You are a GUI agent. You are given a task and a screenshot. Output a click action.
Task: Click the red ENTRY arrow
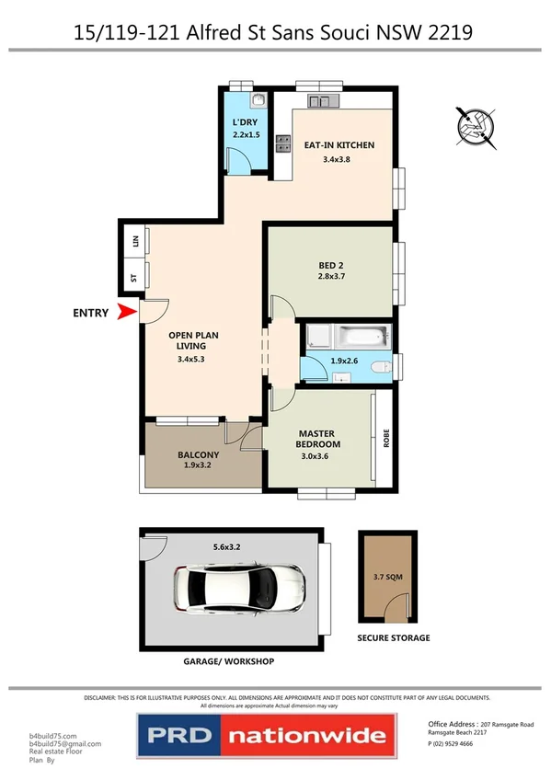pos(124,313)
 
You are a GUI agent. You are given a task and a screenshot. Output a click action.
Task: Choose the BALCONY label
pos(198,455)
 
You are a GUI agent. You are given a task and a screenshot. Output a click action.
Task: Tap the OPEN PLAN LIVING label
pos(191,340)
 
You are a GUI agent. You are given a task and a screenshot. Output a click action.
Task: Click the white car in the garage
pos(238,586)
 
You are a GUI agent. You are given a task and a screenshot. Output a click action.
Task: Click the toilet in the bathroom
pos(380,368)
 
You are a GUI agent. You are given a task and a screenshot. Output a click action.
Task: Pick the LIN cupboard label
pos(135,241)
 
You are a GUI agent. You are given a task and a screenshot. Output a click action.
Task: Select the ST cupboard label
pos(135,278)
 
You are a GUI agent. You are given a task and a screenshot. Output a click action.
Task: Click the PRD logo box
pos(179,737)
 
